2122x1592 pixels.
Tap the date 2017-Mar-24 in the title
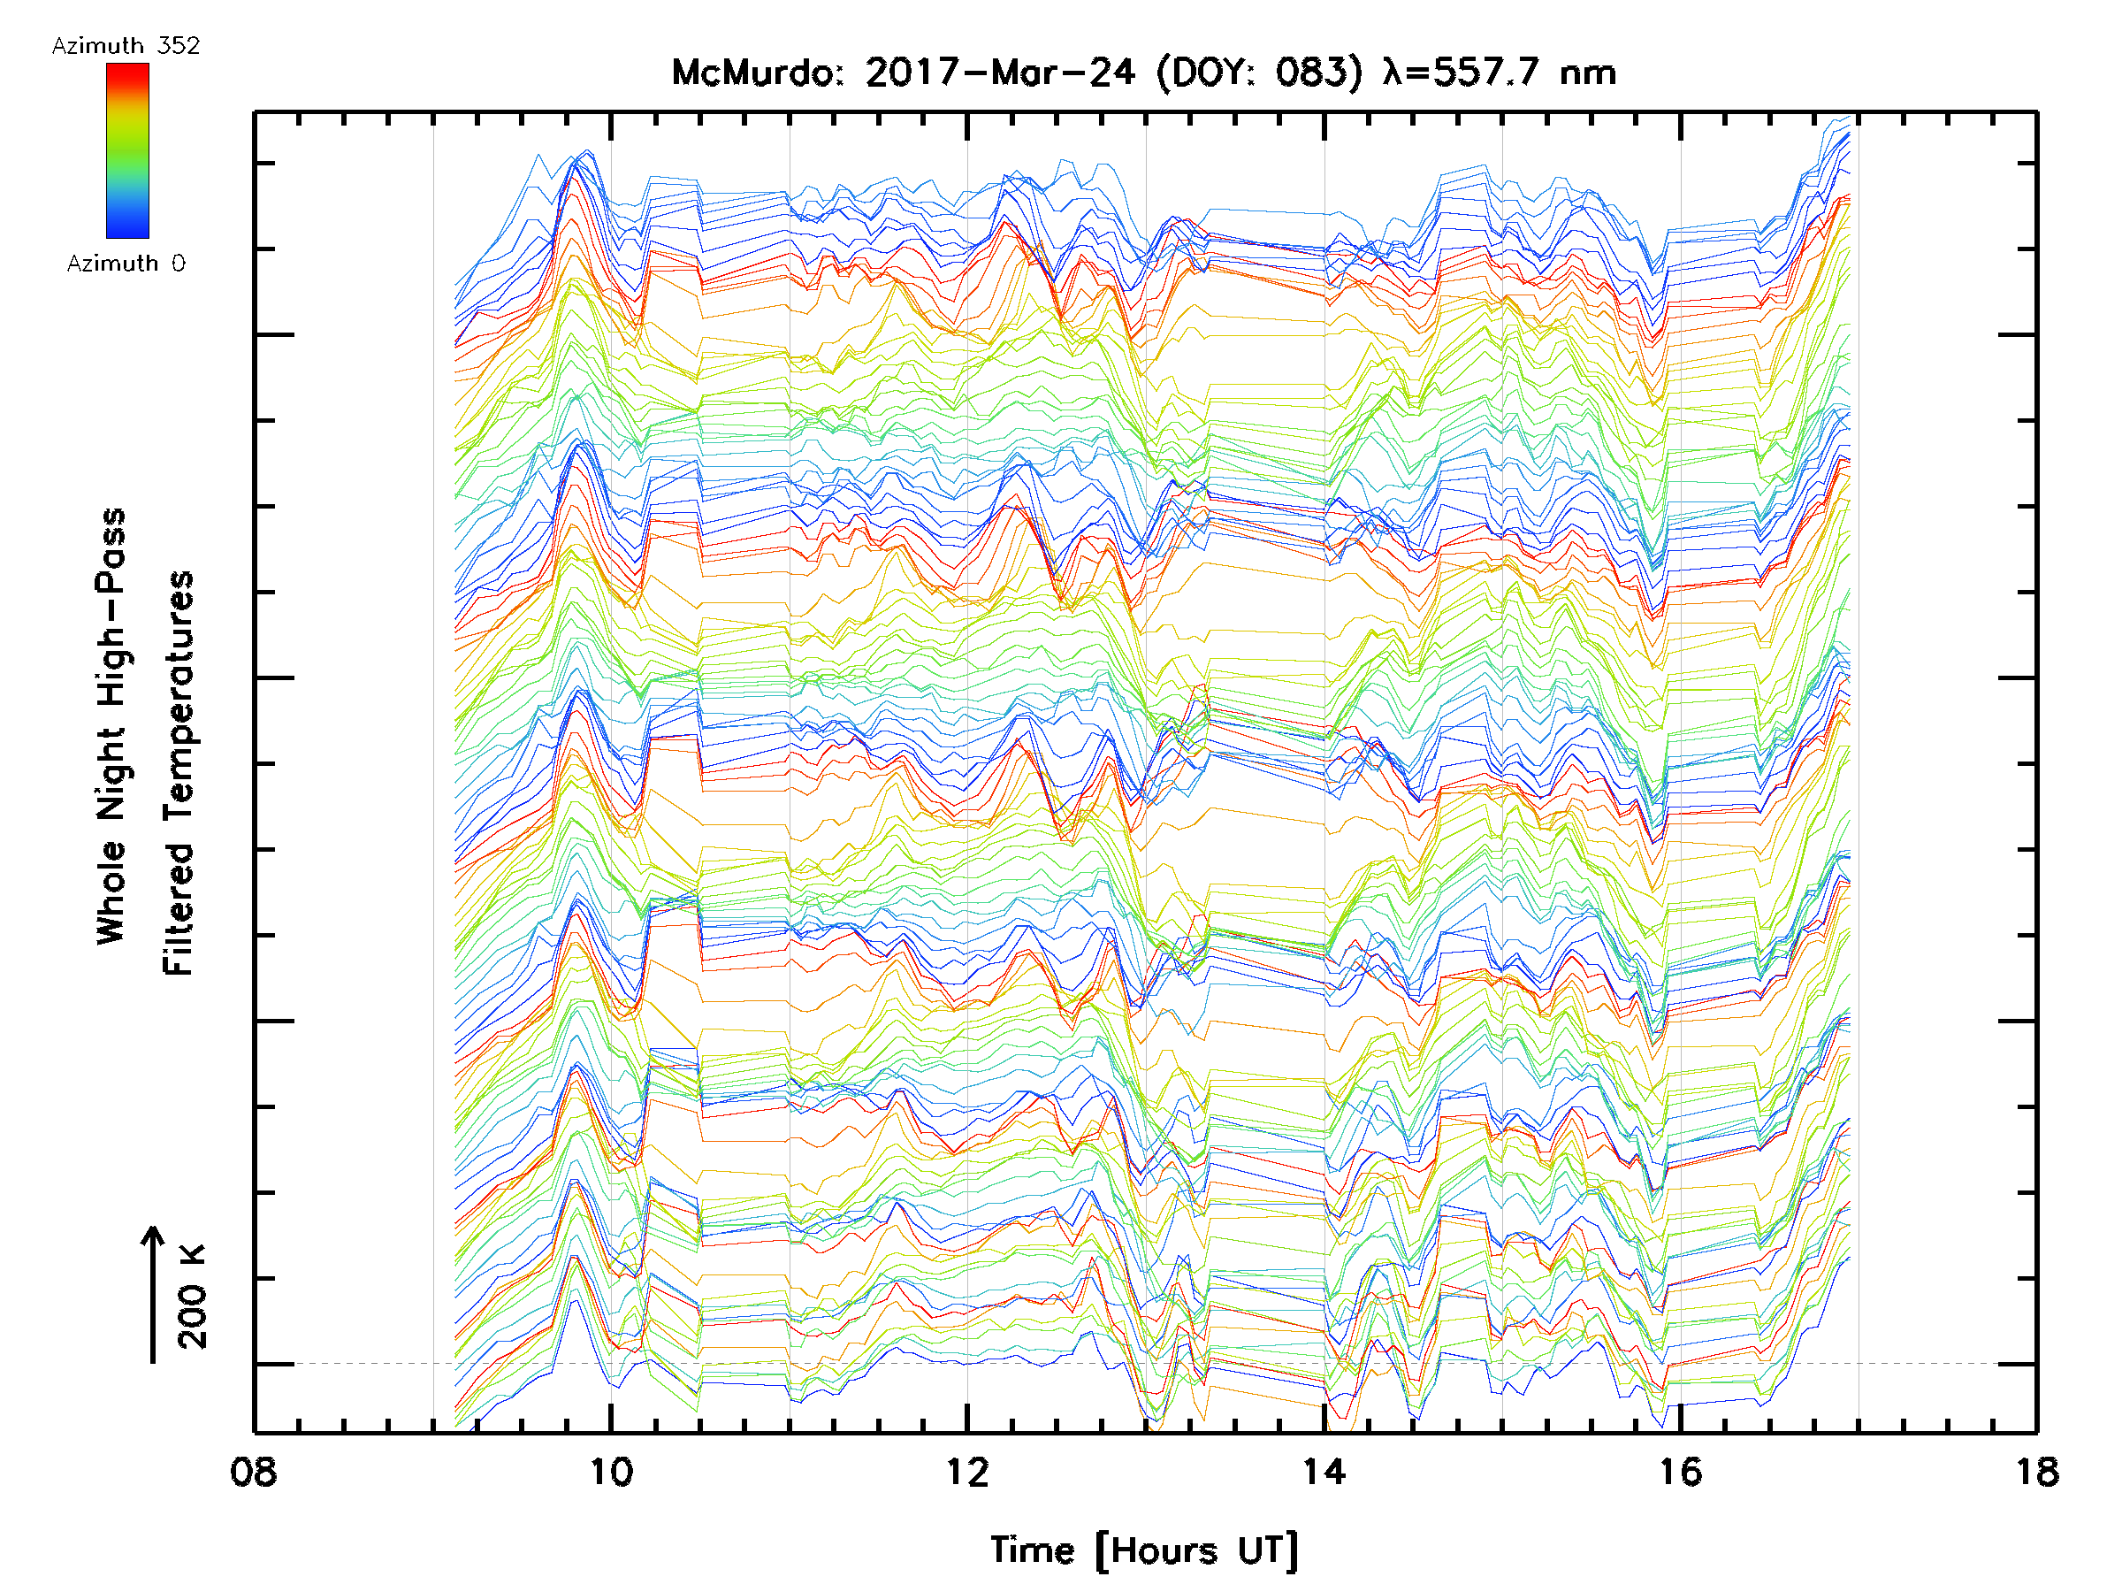[x=1000, y=73]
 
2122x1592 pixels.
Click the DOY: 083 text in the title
[x=1260, y=73]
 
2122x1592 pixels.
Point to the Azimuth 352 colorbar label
[x=126, y=46]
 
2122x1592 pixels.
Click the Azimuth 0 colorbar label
[x=126, y=264]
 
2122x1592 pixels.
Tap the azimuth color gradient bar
[x=127, y=150]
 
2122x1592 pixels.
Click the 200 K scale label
[x=193, y=1297]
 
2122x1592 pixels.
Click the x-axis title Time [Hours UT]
[x=1144, y=1550]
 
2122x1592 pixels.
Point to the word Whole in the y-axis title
[x=111, y=892]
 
